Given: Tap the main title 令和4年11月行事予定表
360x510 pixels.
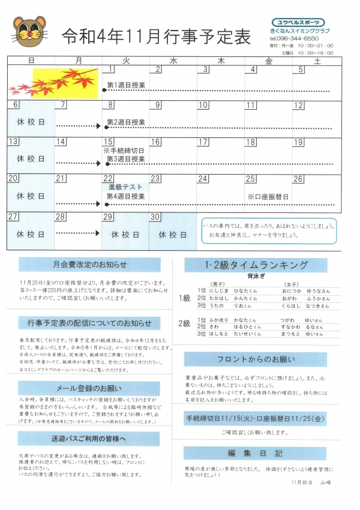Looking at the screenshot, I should (156, 37).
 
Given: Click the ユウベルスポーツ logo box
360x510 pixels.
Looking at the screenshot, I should (299, 22).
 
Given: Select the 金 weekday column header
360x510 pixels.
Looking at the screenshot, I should (268, 61).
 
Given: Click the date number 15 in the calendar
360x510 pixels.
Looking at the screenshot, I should (109, 142).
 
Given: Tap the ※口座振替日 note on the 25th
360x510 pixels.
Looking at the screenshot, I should (268, 196).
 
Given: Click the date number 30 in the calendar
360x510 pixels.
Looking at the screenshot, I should (155, 217).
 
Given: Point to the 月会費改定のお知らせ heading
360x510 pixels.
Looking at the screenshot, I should (89, 264).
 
